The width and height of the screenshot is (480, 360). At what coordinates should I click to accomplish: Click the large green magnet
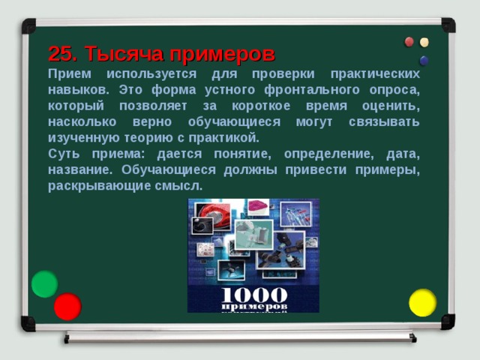44,283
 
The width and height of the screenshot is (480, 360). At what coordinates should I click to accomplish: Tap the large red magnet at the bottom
67,306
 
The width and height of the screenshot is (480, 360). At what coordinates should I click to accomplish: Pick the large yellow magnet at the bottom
422,302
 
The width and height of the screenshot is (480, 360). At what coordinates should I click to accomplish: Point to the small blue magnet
424,60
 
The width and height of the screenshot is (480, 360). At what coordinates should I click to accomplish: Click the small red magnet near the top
409,42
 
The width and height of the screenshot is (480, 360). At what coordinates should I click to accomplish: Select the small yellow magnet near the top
424,42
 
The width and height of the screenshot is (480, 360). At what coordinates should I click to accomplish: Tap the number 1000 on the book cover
253,295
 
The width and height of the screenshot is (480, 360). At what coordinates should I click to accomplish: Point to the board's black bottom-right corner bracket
448,322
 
